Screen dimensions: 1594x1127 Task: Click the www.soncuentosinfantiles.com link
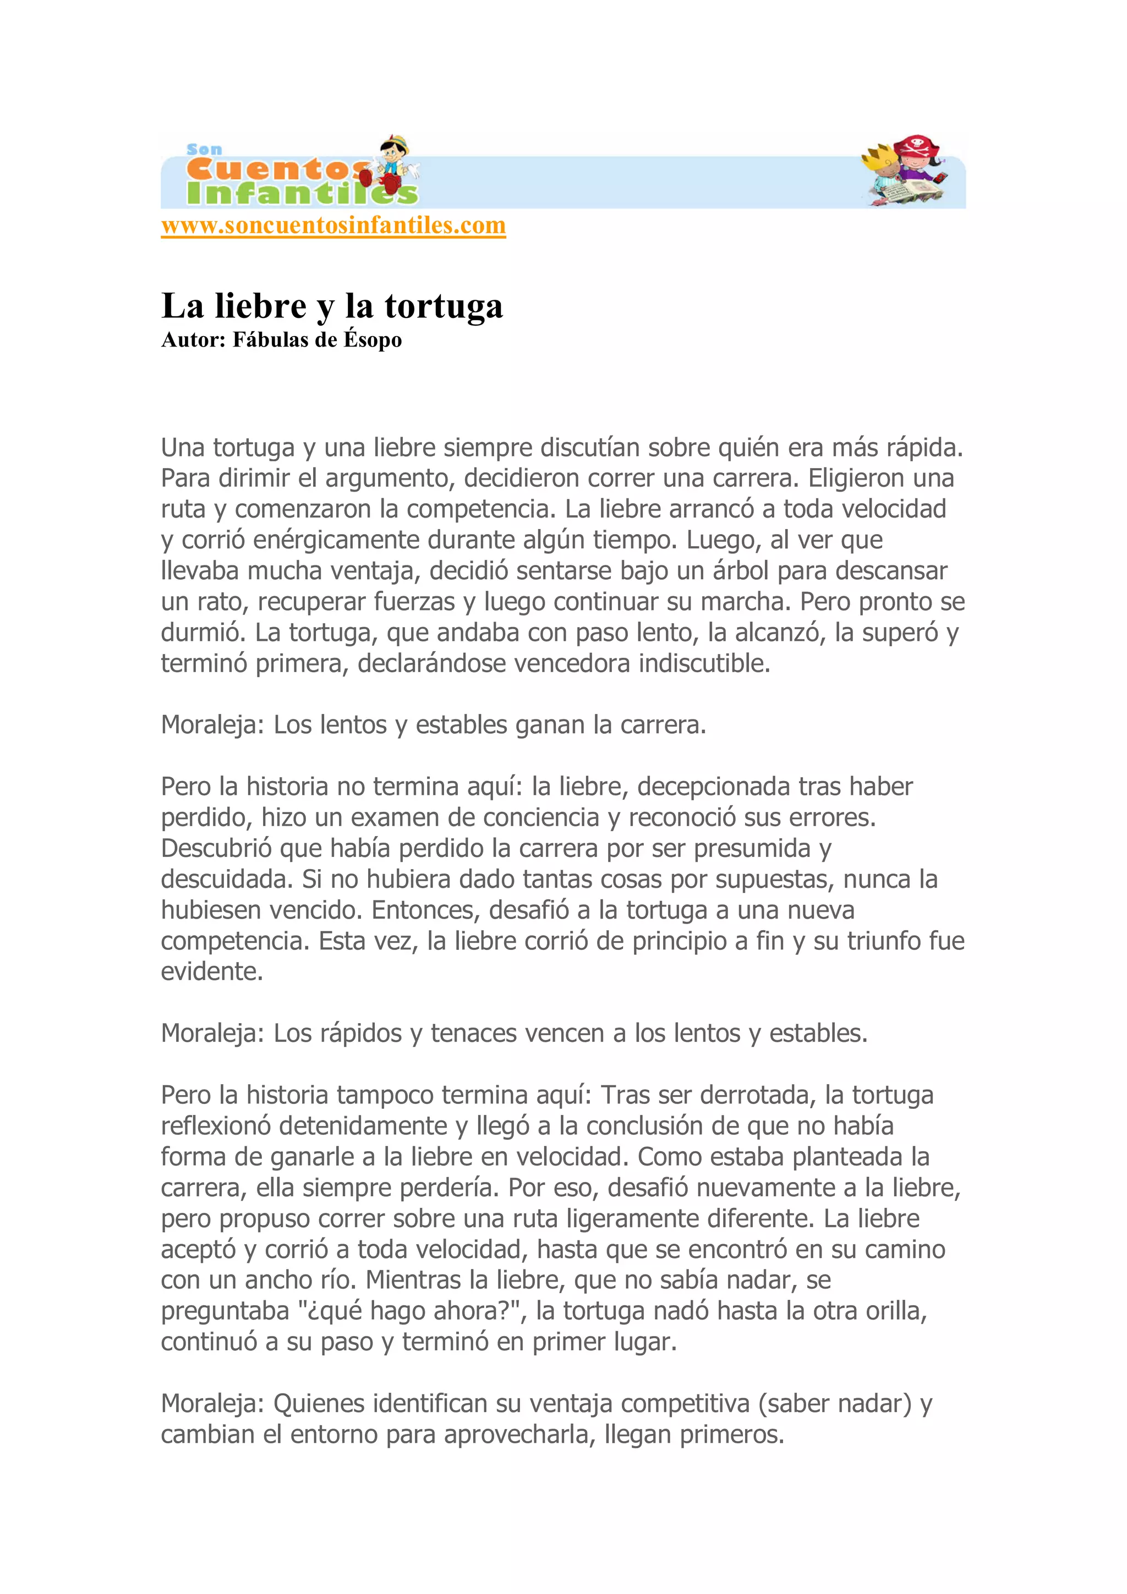pos(333,226)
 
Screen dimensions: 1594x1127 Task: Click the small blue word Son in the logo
pos(204,149)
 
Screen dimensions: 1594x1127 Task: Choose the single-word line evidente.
pos(212,972)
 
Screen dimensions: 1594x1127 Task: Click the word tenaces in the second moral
pos(474,1034)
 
